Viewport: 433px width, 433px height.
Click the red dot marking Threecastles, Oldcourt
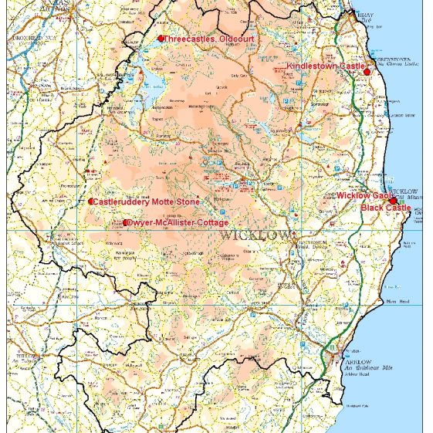coord(161,39)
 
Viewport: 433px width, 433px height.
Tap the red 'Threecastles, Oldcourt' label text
coord(209,39)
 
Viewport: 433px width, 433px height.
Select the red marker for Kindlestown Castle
coord(367,71)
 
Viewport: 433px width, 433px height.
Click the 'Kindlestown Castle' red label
coord(325,67)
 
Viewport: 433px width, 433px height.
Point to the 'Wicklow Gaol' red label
coord(363,196)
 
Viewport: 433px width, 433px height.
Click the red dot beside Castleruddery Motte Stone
coord(90,202)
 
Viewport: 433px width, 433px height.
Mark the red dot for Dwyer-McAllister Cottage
coord(126,223)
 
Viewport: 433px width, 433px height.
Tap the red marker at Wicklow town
coord(393,201)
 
